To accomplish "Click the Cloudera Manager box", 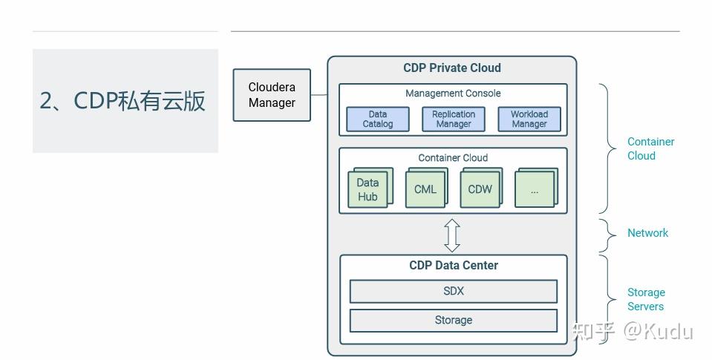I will point(272,95).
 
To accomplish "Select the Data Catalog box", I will point(378,120).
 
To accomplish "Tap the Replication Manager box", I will point(454,120).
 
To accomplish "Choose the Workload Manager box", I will point(529,120).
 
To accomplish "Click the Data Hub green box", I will point(368,190).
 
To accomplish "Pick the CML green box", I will point(425,189).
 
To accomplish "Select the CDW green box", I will point(480,189).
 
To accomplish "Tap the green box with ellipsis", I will point(535,190).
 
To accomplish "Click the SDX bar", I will point(453,291).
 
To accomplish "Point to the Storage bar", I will point(453,320).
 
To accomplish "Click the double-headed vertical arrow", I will point(452,235).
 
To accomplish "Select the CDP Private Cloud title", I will point(452,68).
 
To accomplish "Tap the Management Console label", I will point(453,94).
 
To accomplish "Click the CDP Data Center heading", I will point(454,265).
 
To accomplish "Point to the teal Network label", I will point(647,233).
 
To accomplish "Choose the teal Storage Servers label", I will point(646,299).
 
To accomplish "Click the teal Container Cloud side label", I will point(650,148).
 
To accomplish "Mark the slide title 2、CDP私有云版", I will point(123,101).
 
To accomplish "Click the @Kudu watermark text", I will point(657,331).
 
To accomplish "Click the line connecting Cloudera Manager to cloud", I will point(319,95).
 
